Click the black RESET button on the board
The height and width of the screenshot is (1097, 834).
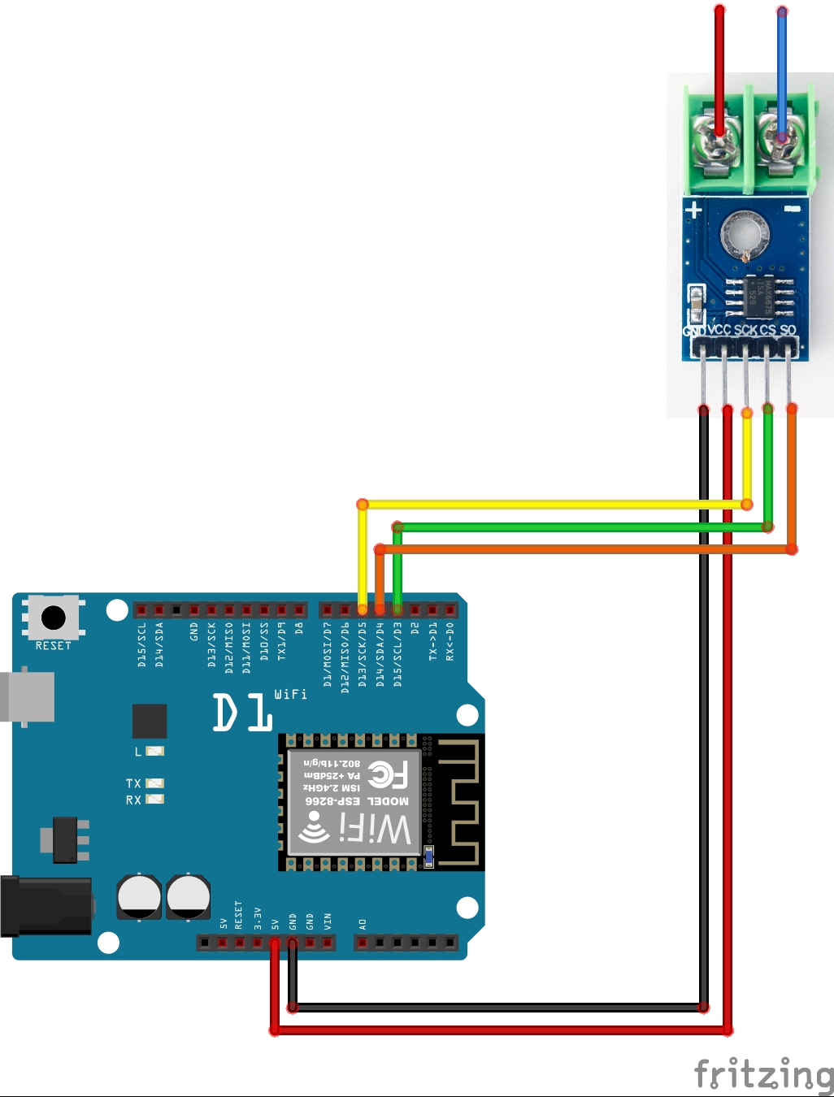tap(54, 618)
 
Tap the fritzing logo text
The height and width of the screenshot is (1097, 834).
tap(763, 1074)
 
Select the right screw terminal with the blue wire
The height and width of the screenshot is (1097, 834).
tap(780, 142)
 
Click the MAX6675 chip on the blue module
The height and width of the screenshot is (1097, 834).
tap(758, 296)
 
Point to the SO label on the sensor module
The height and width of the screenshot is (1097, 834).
tap(788, 330)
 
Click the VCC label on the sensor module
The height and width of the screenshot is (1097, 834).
tap(719, 330)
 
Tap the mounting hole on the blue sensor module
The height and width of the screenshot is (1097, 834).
tap(745, 235)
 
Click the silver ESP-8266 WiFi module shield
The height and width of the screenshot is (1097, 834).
tap(354, 802)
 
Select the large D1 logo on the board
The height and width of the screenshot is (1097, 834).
tap(242, 713)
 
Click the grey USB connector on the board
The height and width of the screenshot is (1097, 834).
tap(28, 697)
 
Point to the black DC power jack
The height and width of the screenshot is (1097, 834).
tap(45, 906)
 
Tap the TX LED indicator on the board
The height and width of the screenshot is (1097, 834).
tap(154, 783)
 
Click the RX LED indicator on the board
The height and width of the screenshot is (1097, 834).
tap(154, 800)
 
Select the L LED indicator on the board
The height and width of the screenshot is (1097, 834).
tap(154, 751)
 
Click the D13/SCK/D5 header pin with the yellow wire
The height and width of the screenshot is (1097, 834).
tap(363, 609)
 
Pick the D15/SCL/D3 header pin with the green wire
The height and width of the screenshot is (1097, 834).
tap(397, 609)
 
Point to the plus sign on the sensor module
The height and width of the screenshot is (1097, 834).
tap(693, 210)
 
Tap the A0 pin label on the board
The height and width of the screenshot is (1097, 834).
tap(363, 924)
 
